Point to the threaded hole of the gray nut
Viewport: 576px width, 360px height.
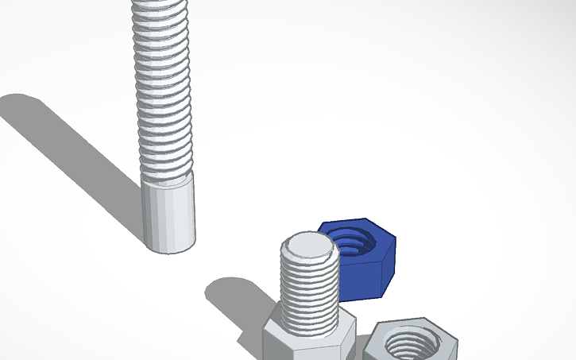(409, 345)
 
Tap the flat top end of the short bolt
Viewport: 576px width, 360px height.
(309, 248)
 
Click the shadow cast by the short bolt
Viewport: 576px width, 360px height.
(234, 298)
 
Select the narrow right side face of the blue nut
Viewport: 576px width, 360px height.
(388, 266)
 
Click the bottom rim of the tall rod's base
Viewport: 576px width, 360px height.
(169, 250)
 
